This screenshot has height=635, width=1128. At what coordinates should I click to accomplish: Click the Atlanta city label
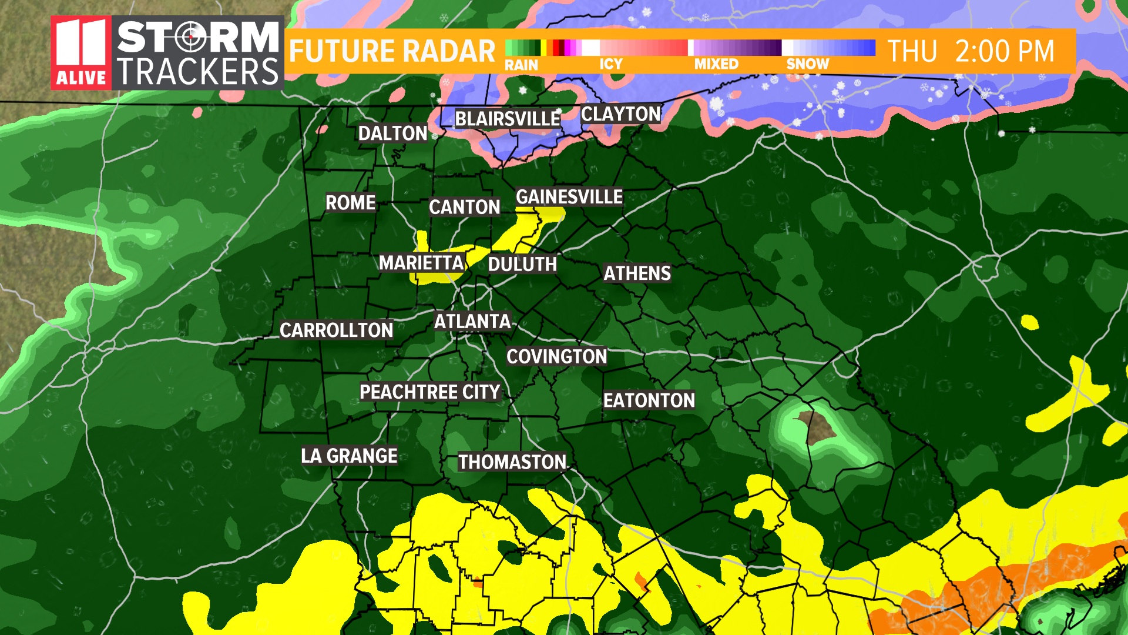tap(472, 321)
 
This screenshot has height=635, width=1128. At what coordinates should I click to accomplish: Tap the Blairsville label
tap(508, 119)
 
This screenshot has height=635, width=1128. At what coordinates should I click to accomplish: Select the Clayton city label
tap(621, 114)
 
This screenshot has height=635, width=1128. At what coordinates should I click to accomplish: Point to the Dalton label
tap(392, 133)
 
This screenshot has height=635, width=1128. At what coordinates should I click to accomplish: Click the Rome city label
tap(350, 203)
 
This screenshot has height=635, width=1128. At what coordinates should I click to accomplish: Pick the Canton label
tap(464, 207)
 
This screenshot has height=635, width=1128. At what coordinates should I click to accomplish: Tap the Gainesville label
tap(569, 197)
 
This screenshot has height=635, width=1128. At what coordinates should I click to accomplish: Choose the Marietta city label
tap(421, 263)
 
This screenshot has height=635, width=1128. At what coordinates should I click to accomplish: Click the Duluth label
tap(522, 265)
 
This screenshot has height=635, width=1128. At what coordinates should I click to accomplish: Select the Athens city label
tap(637, 273)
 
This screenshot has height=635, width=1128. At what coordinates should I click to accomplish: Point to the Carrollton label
tap(336, 330)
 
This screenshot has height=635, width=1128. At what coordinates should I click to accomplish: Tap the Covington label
tap(556, 356)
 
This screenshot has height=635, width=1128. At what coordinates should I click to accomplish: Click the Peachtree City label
tap(429, 392)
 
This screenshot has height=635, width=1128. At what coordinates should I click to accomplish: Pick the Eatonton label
tap(649, 400)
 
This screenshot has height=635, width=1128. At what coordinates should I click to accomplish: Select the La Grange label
tap(349, 456)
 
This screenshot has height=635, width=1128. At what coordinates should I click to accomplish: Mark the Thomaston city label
tap(512, 462)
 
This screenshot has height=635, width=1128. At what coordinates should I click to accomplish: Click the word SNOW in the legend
tap(807, 64)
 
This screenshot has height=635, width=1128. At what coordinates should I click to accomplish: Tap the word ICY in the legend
tap(610, 64)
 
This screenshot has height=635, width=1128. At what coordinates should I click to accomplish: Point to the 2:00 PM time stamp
tap(1004, 52)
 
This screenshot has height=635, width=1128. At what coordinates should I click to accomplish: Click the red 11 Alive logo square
tap(81, 53)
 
